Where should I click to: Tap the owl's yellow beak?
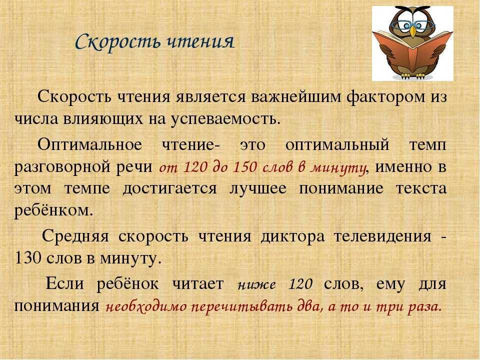(x=413, y=31)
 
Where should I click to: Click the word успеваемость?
(x=225, y=119)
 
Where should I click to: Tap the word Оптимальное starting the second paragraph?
(x=89, y=144)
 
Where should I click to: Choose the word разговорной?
(x=62, y=167)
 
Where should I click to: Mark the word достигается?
(x=169, y=189)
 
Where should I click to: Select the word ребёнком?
(x=53, y=210)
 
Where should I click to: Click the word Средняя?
(x=75, y=236)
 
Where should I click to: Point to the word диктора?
(x=292, y=237)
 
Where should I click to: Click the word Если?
(x=64, y=283)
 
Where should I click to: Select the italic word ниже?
(x=256, y=285)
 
